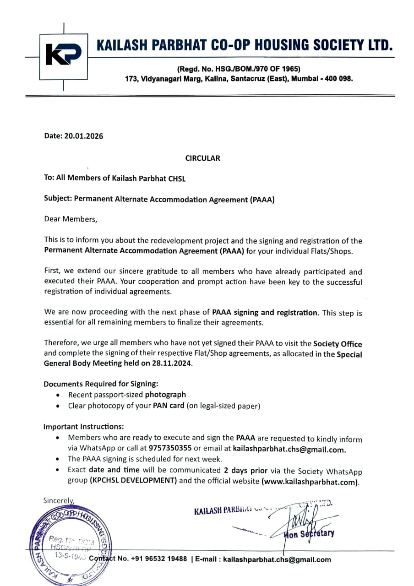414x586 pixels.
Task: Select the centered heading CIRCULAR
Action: pos(202,158)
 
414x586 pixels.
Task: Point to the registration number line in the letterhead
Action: pos(239,69)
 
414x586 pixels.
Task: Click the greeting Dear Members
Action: pos(71,219)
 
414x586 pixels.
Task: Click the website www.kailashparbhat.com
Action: pos(310,483)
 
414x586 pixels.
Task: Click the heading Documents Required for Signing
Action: pos(101,384)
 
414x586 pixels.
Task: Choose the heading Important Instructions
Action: pos(83,427)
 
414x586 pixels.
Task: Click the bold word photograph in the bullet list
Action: pos(165,394)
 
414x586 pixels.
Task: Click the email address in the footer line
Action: pos(277,559)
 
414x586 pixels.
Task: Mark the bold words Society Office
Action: pos(338,343)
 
